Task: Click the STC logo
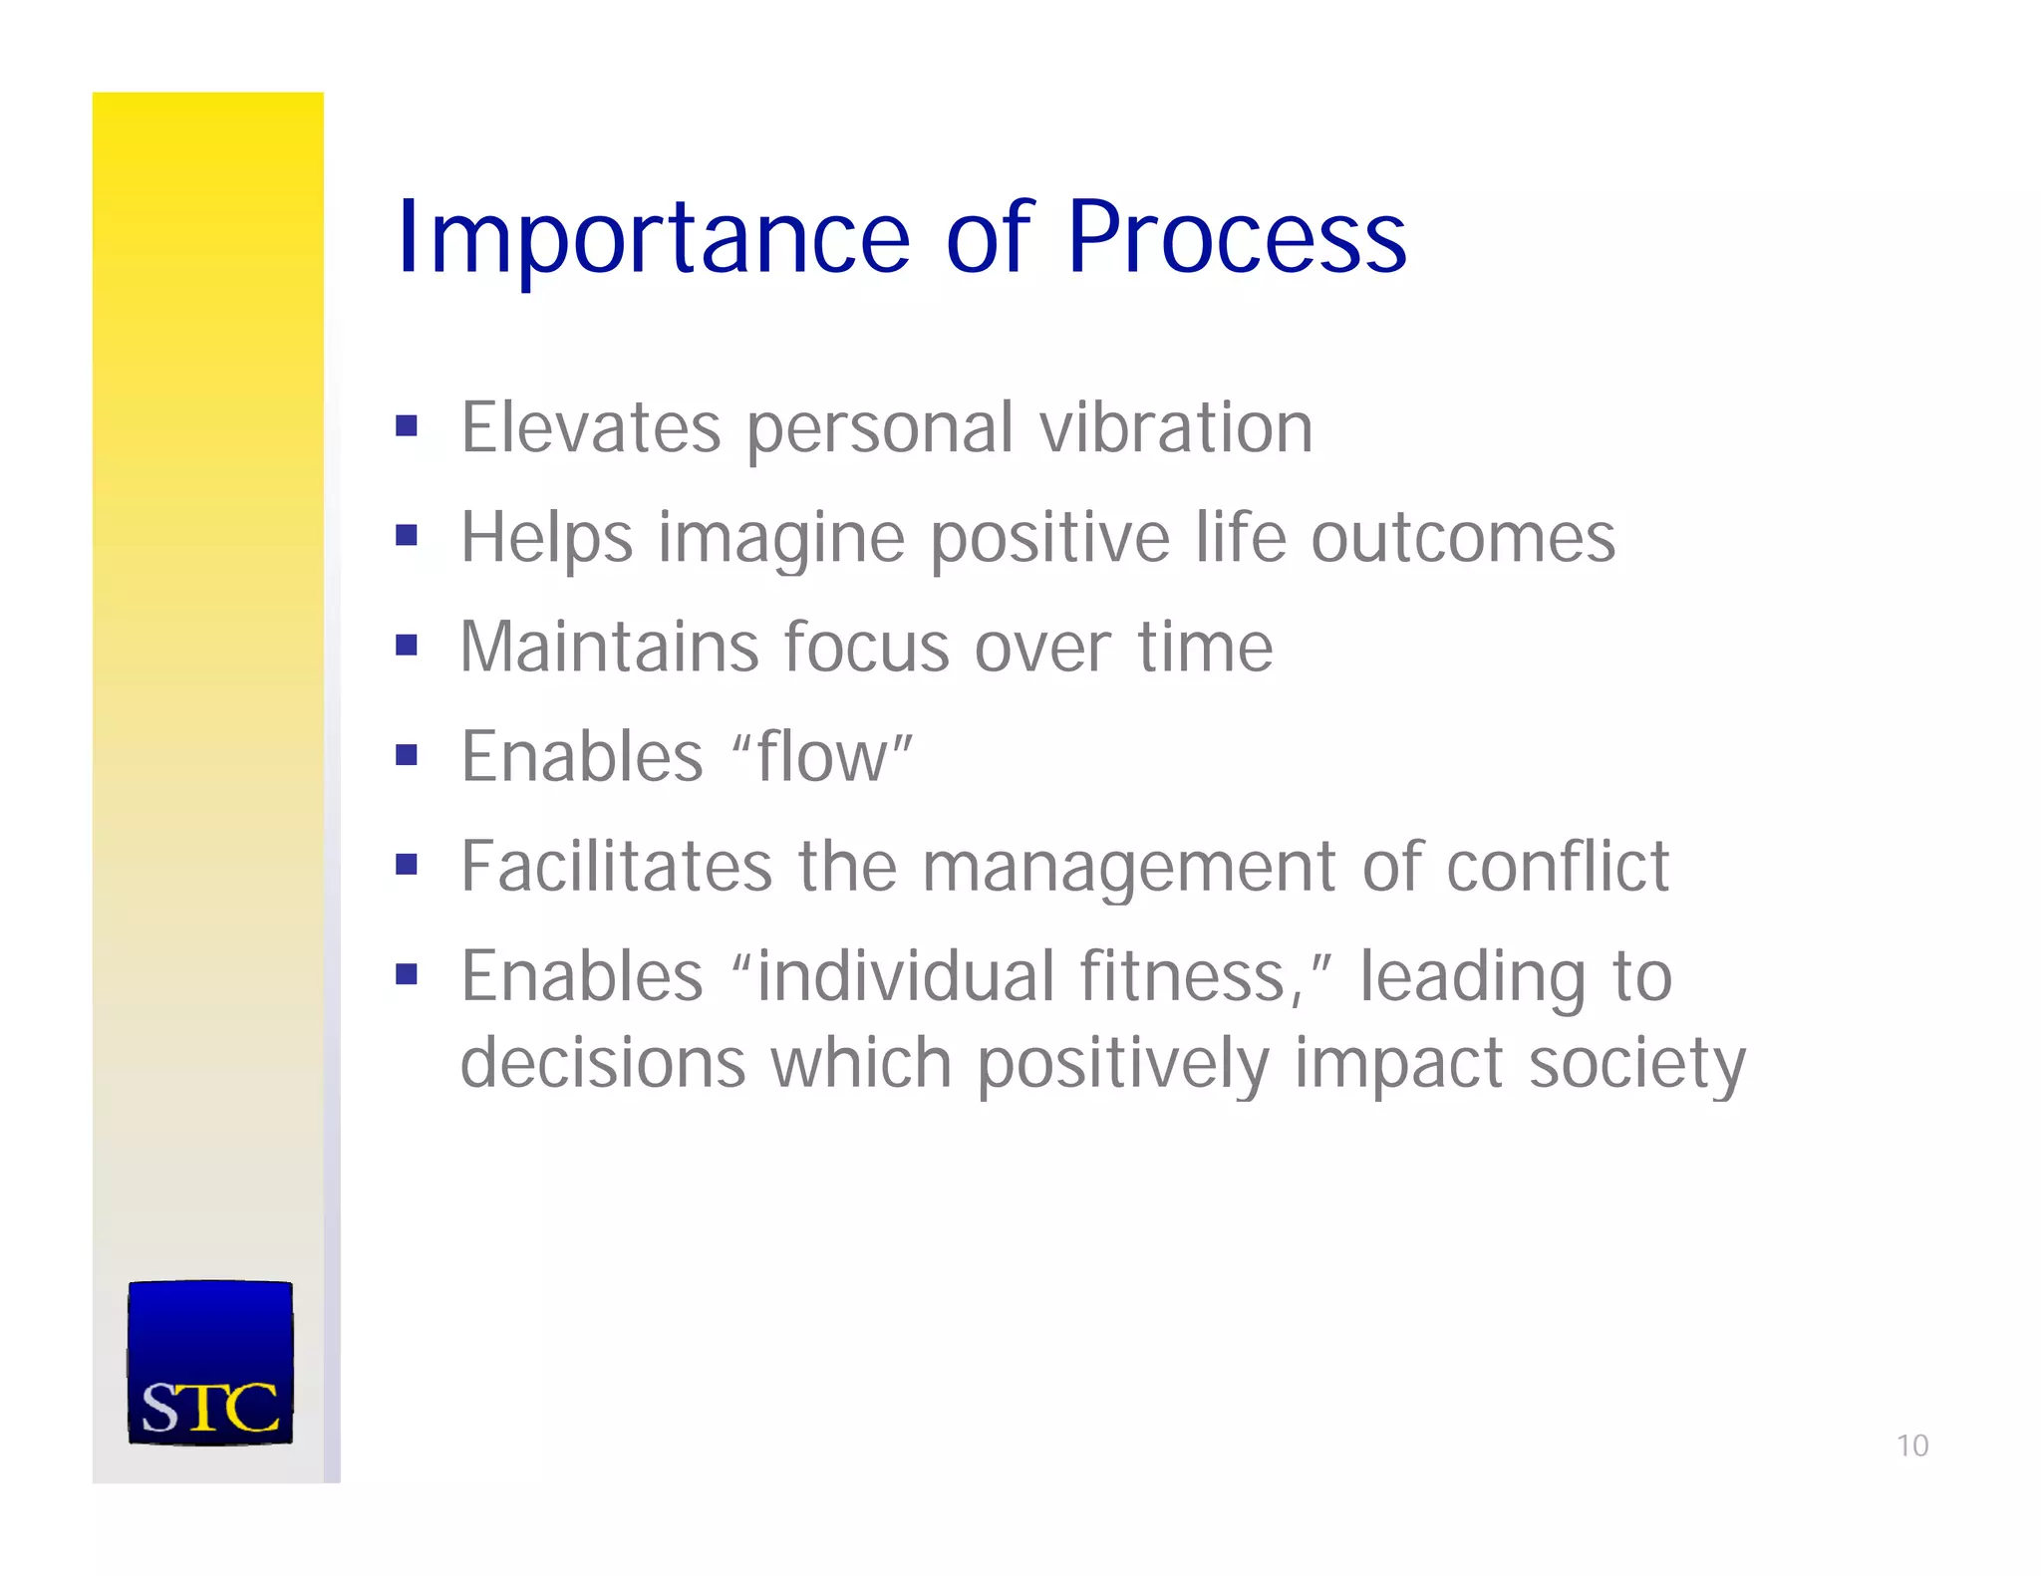pos(210,1362)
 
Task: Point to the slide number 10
pos(1911,1445)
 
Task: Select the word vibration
pos(1176,428)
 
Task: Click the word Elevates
pos(590,428)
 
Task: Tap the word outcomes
pos(1462,538)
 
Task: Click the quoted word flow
pos(822,757)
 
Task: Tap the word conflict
pos(1557,866)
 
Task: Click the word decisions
pos(602,1062)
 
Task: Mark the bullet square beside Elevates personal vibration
pos(406,427)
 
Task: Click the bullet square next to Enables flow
pos(406,755)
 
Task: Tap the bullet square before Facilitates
pos(406,864)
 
